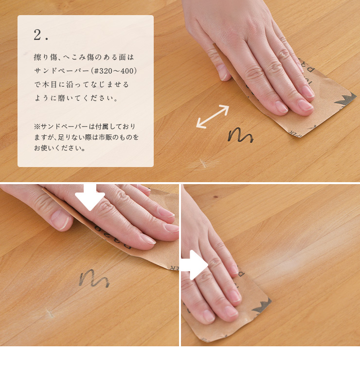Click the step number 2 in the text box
[37, 35]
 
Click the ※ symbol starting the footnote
[37, 126]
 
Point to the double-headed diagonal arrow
[213, 116]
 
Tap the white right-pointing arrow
[194, 265]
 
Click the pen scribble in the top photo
[240, 136]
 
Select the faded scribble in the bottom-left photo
[94, 278]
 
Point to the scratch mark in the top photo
[203, 164]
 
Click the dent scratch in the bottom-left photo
[50, 313]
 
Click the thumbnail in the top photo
[223, 72]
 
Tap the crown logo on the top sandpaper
[345, 99]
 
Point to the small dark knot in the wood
[216, 197]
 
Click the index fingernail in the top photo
[281, 107]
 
